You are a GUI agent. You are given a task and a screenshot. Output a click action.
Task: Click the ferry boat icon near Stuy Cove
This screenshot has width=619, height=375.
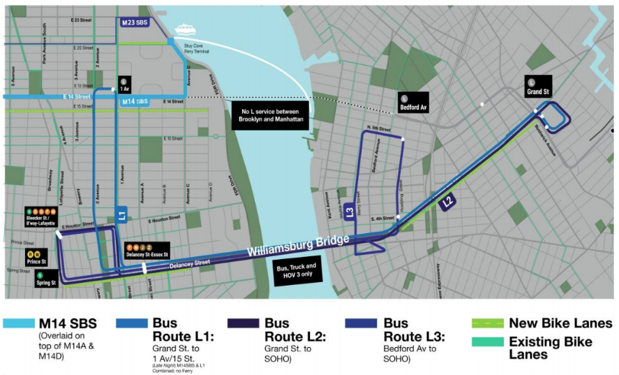pyautogui.click(x=185, y=29)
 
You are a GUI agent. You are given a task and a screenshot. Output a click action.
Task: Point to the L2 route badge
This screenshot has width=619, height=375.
pyautogui.click(x=448, y=203)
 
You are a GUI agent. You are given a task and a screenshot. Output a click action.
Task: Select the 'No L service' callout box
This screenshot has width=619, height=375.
pyautogui.click(x=269, y=115)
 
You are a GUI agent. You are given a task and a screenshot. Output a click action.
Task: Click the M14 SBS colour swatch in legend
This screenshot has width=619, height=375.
pyautogui.click(x=27, y=323)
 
